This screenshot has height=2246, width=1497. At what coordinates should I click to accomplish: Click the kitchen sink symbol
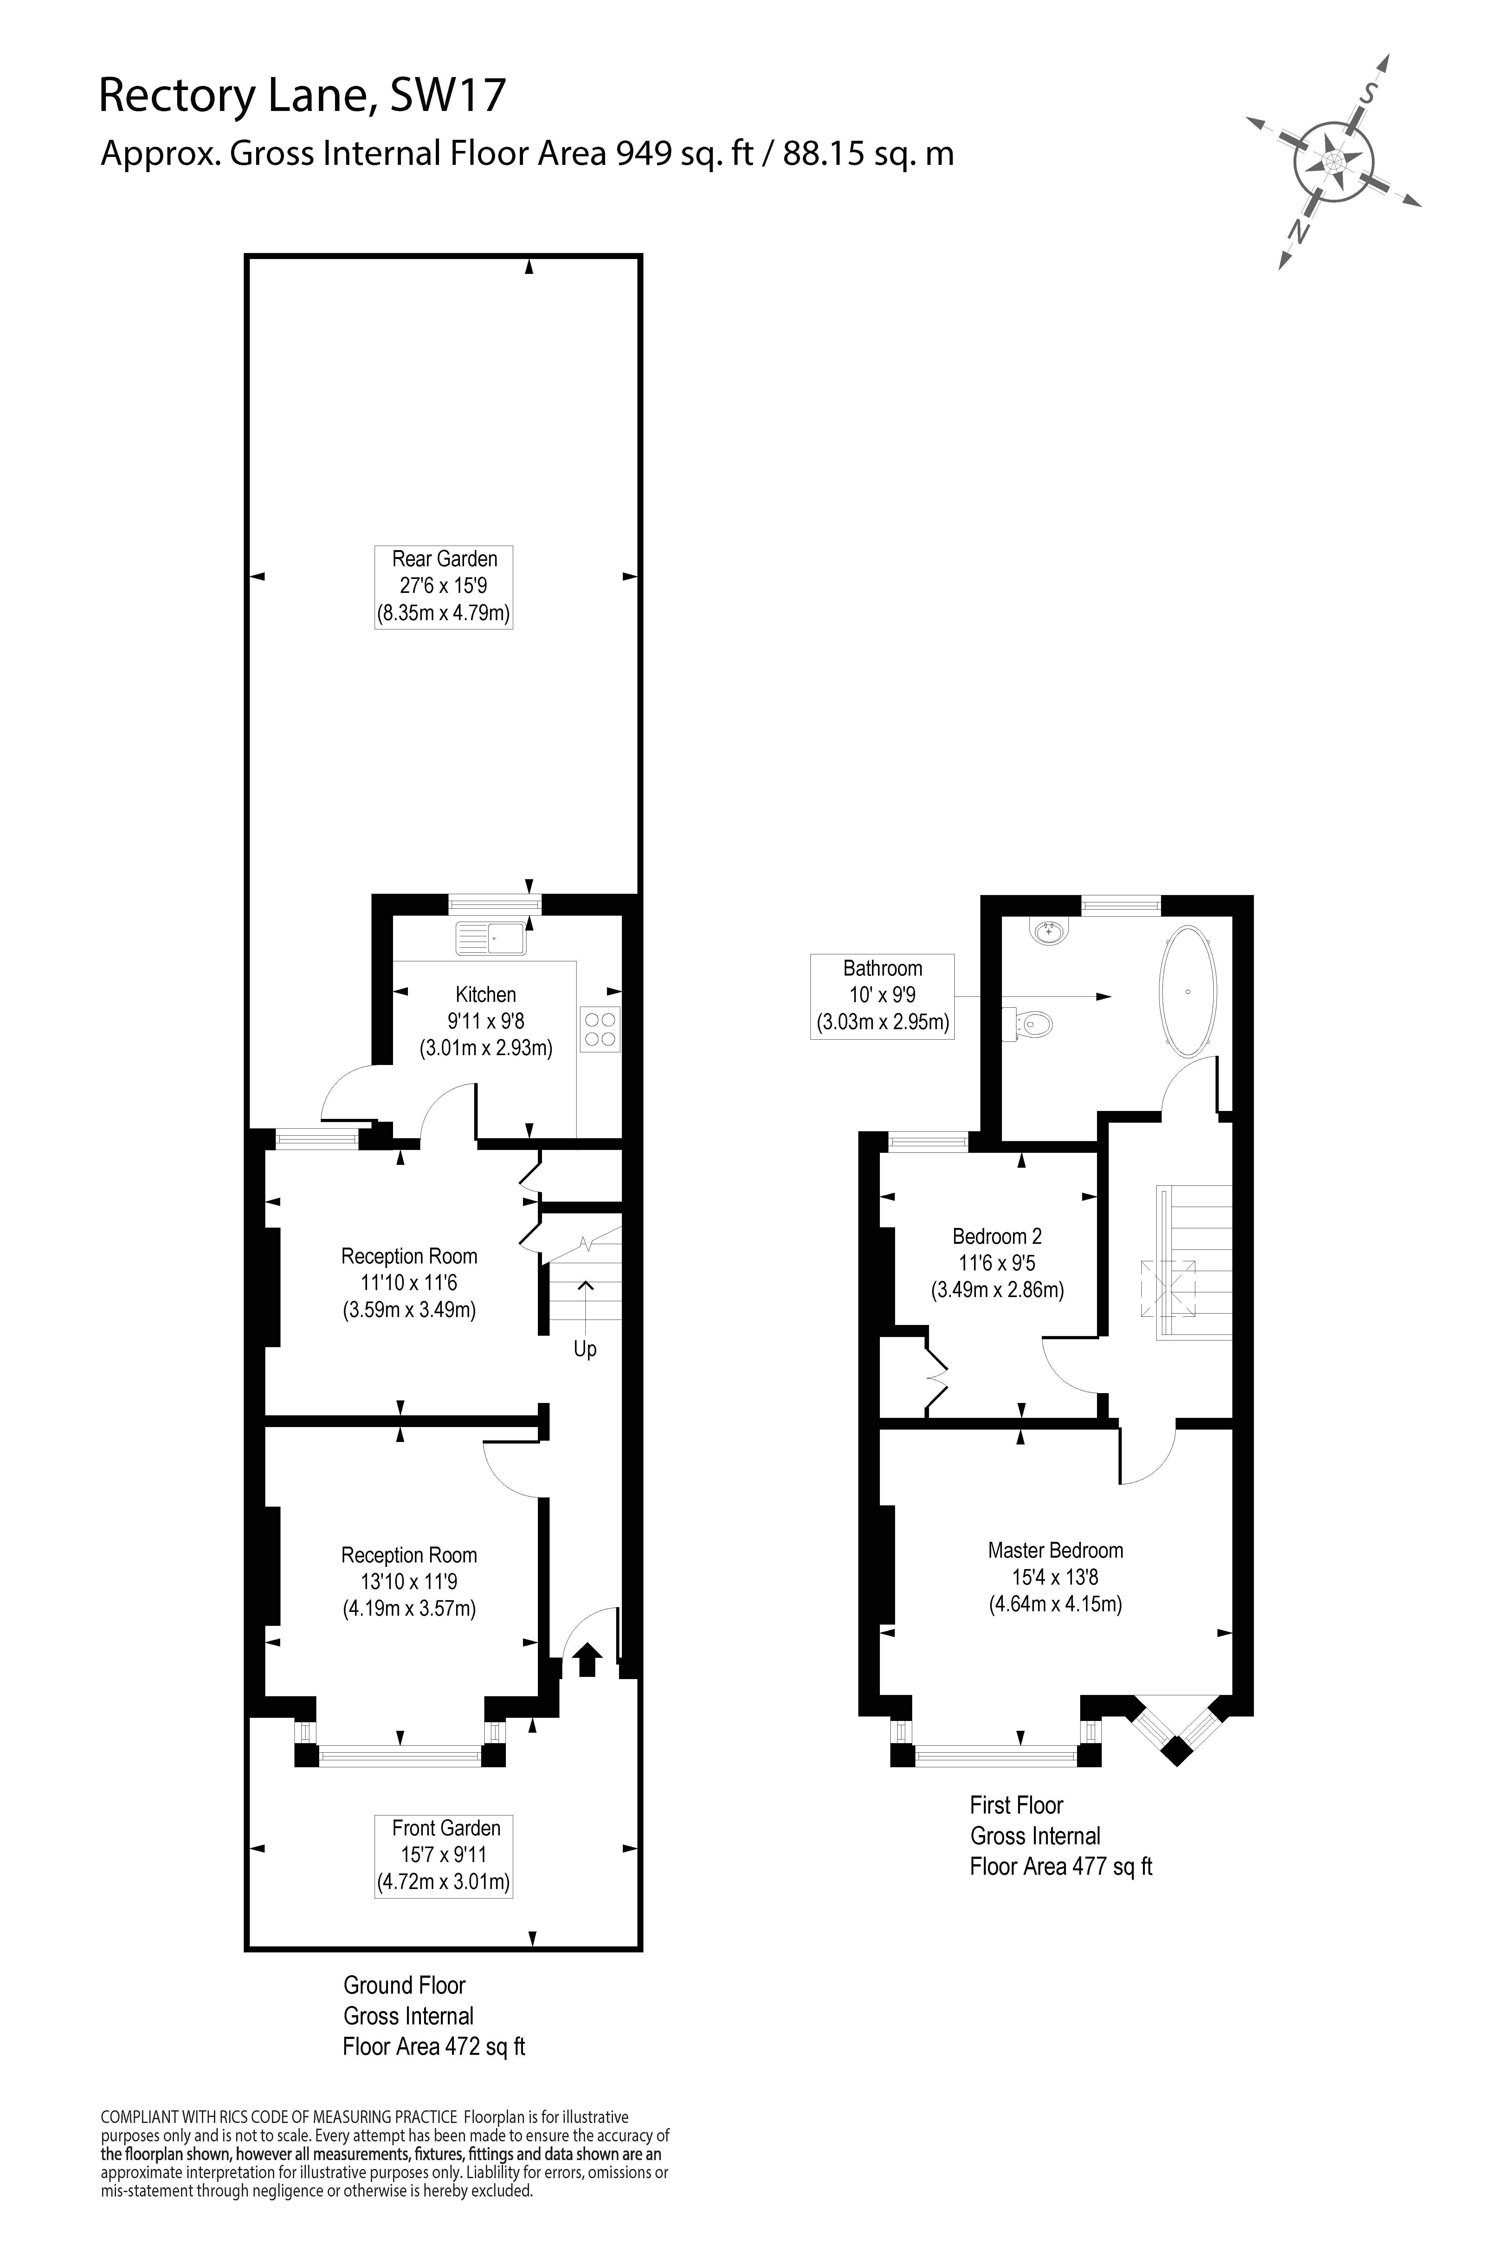(491, 938)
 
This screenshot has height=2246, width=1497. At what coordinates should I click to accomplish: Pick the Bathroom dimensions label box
(882, 996)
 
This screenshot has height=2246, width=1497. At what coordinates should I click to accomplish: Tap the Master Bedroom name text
(1055, 1550)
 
